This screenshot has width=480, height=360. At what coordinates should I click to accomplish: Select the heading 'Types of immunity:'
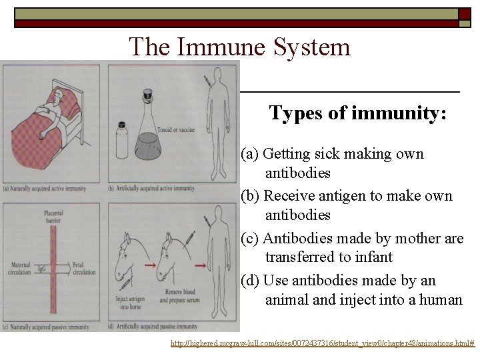click(357, 113)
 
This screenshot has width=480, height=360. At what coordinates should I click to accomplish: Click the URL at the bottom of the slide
click(322, 343)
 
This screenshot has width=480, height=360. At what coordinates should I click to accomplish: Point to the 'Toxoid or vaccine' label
click(177, 130)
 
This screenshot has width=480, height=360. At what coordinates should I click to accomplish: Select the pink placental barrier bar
click(53, 267)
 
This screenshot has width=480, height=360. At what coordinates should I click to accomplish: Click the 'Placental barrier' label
click(53, 217)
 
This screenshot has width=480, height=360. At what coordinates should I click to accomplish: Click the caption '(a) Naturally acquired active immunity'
click(45, 189)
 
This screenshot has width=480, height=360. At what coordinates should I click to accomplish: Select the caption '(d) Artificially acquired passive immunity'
click(153, 327)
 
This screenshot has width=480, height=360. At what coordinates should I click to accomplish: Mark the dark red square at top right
click(464, 14)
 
